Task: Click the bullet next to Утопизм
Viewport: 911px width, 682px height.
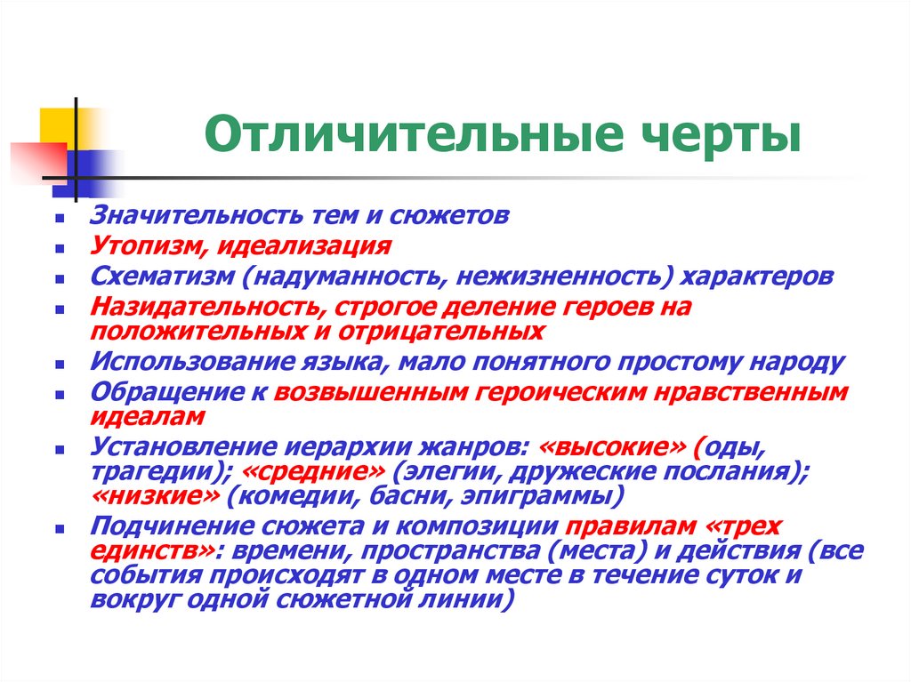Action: pos(59,248)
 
